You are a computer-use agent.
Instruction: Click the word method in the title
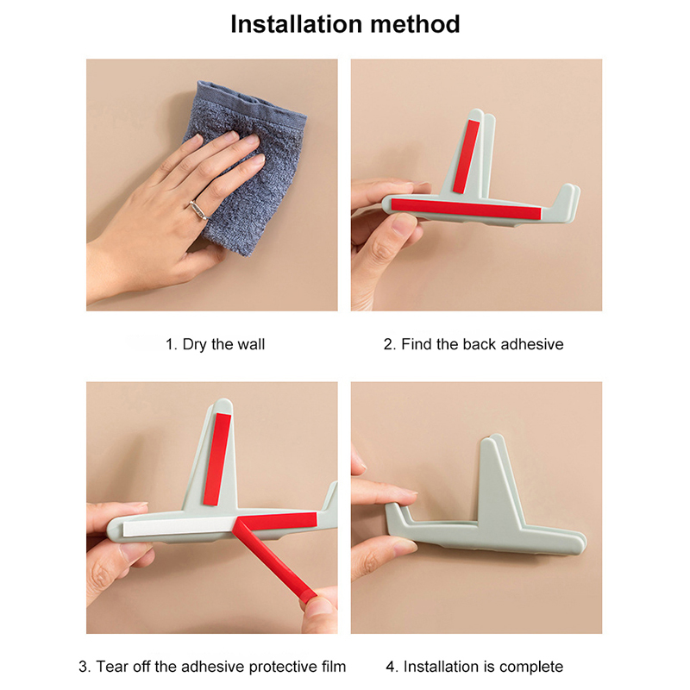coord(415,24)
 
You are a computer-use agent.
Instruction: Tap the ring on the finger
coord(199,210)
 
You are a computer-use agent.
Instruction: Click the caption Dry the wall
coord(215,344)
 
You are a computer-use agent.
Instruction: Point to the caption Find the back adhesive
coord(474,344)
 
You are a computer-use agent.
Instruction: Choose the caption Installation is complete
coord(474,667)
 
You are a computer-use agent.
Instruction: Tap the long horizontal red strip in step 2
coord(466,209)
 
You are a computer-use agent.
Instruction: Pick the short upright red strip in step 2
coord(467,157)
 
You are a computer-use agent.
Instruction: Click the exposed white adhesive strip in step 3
coord(179,526)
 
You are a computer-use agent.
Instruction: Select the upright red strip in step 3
coord(217,460)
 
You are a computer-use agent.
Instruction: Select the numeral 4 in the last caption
coord(391,667)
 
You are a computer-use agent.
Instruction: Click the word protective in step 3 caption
coord(282,667)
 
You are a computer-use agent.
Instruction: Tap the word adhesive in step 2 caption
coord(532,344)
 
